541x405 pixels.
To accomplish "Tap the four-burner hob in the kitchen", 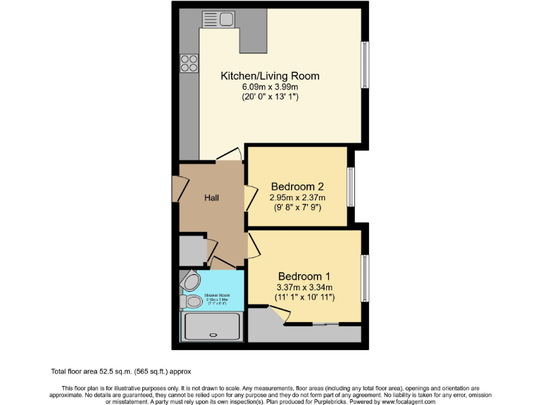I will (x=189, y=63).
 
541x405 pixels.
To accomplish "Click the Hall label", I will (x=211, y=198).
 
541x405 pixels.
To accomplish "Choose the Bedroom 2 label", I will (x=297, y=187).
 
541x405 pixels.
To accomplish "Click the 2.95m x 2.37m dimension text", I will (x=297, y=198).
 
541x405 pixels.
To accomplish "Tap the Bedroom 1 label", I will (x=304, y=276).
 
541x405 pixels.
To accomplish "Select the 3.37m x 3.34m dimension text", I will (x=304, y=287).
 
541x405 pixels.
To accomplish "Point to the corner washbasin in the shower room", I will (x=189, y=281).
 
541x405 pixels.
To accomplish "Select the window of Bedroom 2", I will (x=350, y=186).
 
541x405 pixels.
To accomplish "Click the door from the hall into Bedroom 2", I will (x=250, y=198).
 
